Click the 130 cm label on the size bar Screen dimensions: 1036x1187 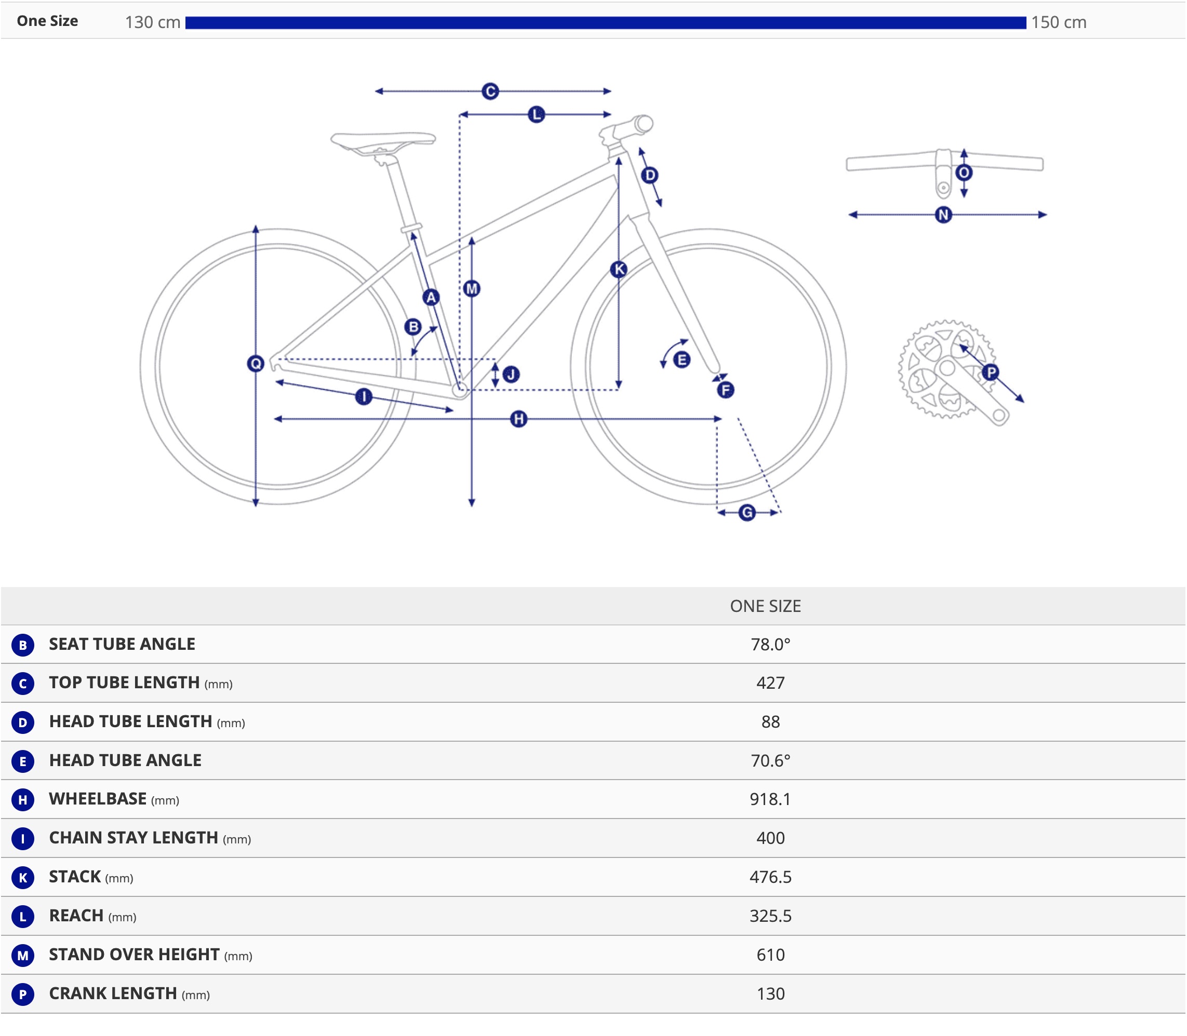(x=153, y=22)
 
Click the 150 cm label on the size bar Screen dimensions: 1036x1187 (x=1058, y=22)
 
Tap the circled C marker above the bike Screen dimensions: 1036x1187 (x=490, y=91)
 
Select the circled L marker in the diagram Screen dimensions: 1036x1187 (x=536, y=115)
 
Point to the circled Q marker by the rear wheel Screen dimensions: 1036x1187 (x=255, y=364)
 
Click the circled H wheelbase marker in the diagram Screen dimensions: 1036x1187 (x=519, y=419)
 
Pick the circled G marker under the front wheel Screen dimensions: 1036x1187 (x=747, y=513)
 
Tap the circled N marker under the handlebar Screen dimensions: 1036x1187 (x=943, y=215)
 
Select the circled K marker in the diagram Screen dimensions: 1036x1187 (x=619, y=269)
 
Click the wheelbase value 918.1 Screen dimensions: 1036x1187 (x=770, y=799)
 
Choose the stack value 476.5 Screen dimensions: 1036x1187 (x=770, y=877)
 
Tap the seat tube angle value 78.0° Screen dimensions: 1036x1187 (x=770, y=644)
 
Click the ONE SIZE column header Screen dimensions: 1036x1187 (x=765, y=606)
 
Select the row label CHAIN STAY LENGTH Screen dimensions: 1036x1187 (x=133, y=838)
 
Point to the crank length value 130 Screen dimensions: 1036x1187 (x=770, y=994)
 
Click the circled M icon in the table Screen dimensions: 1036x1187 (x=22, y=956)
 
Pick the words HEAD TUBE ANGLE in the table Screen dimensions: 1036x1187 (x=125, y=760)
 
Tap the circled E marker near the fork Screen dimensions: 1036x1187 (x=682, y=360)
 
